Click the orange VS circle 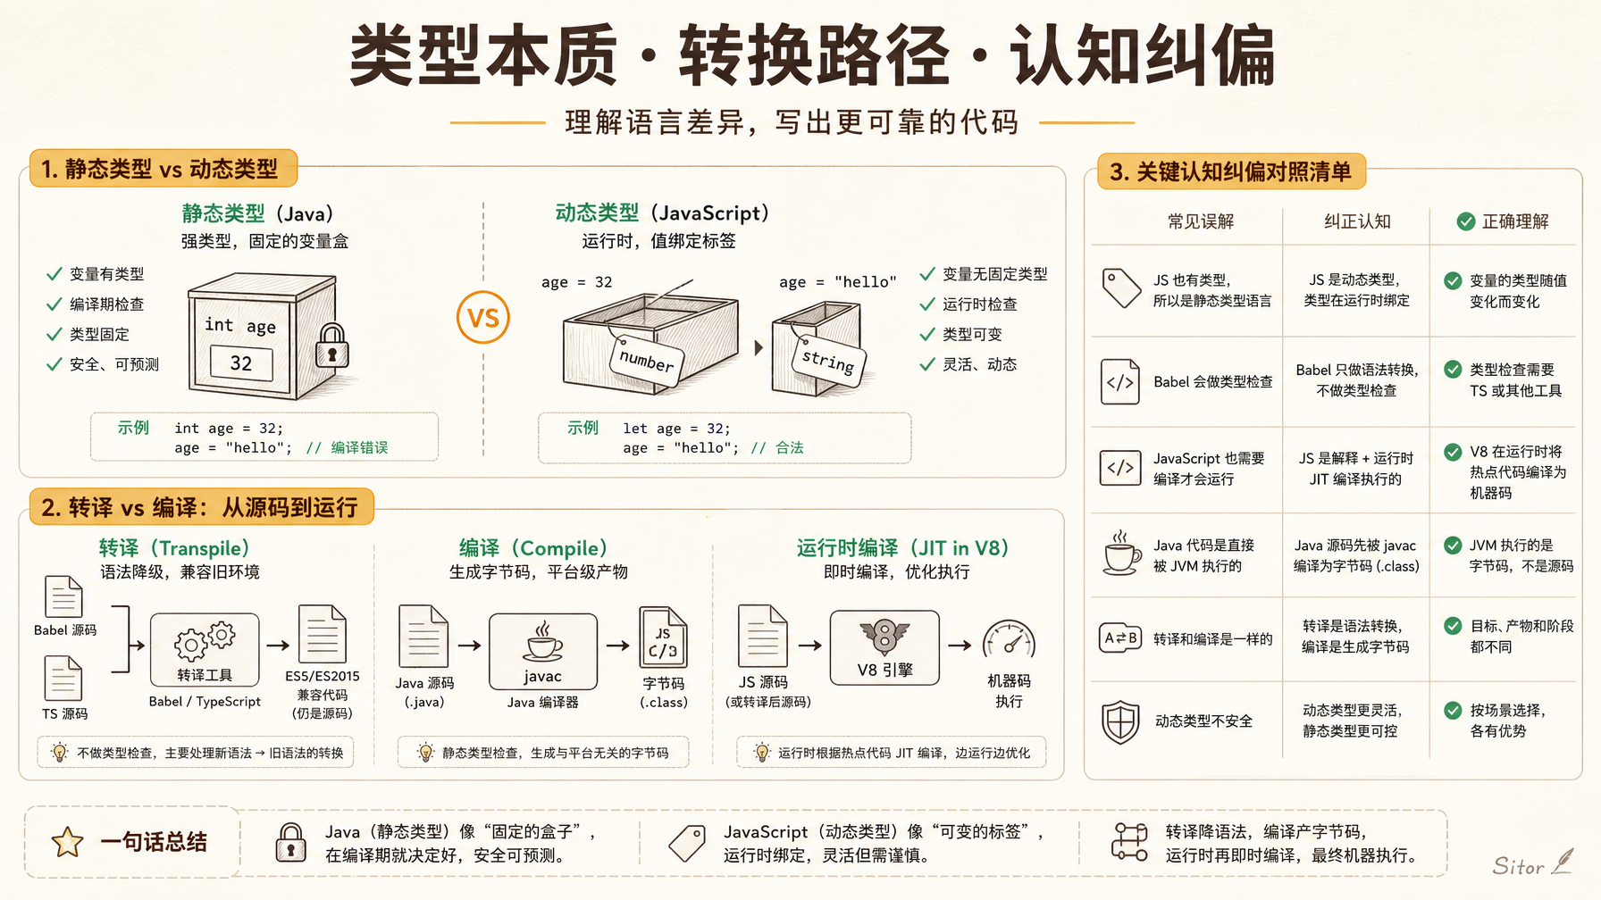pos(483,318)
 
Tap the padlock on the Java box pos(331,346)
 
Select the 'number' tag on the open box pos(647,361)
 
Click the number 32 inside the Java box pos(241,363)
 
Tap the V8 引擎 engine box pos(884,648)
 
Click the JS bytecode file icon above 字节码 pos(664,637)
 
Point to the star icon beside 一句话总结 pos(68,842)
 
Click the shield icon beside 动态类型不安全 pos(1120,721)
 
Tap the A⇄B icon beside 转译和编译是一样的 pos(1120,638)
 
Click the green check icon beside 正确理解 pos(1466,221)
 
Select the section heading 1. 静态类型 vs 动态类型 pos(160,169)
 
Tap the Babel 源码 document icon pos(63,596)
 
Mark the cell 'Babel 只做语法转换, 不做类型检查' pos(1356,380)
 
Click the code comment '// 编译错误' pos(347,448)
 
